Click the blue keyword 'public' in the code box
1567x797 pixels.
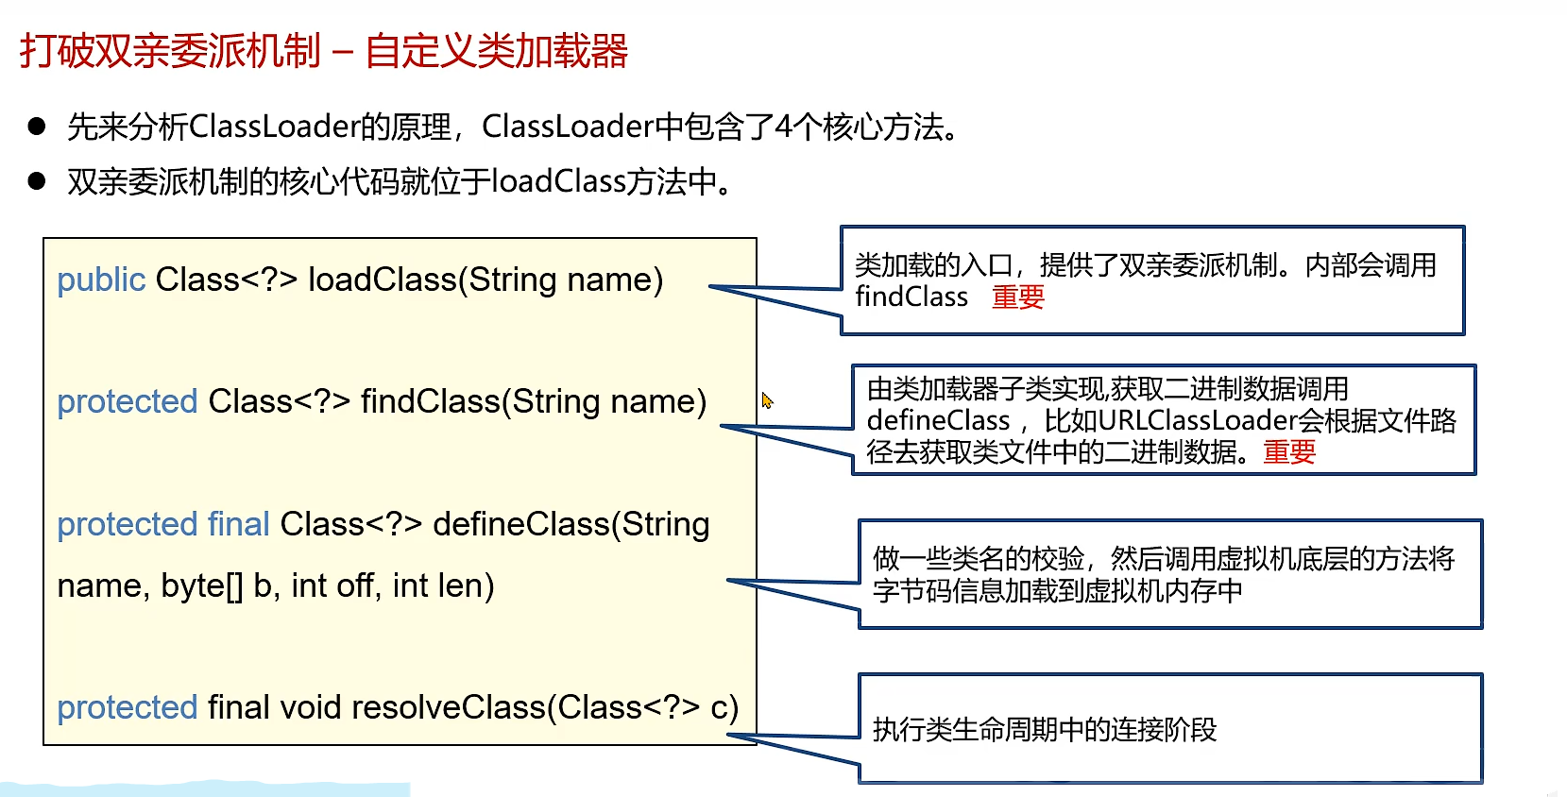tap(101, 280)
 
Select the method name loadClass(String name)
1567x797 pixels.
tap(485, 280)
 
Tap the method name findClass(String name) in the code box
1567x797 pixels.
tap(533, 401)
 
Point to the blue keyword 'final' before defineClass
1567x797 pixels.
tap(238, 524)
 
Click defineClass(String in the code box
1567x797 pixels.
tap(571, 524)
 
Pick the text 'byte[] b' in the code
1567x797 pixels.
tap(217, 586)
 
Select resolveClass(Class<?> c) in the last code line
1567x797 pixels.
tap(544, 707)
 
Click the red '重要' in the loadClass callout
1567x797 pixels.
tap(1018, 297)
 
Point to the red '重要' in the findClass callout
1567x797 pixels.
tap(1289, 452)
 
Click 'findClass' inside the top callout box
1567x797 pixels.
tap(911, 297)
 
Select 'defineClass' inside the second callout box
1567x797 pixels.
tap(938, 420)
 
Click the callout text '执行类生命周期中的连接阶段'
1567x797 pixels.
tap(1044, 730)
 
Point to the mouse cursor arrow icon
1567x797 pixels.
tap(767, 400)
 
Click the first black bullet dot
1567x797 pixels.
tap(37, 127)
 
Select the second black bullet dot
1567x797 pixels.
tap(37, 181)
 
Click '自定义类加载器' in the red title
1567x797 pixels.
tap(496, 51)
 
